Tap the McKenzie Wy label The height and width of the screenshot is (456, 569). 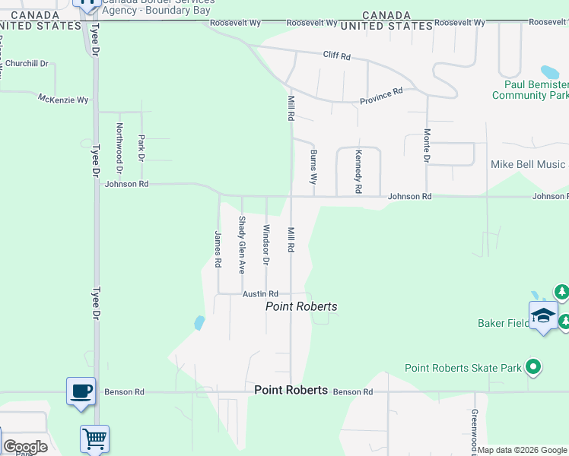click(63, 98)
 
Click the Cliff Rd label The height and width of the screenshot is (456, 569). click(336, 56)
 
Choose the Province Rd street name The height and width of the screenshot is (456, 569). click(381, 97)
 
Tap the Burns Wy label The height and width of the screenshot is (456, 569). click(313, 167)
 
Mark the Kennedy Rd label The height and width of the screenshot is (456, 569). click(358, 170)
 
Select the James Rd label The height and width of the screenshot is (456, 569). click(218, 249)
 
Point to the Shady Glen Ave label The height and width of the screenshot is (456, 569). click(242, 245)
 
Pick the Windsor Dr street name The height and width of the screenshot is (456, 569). click(265, 245)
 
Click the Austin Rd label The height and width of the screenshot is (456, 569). click(261, 294)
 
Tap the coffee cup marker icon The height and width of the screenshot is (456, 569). click(81, 391)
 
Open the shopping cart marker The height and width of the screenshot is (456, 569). click(95, 439)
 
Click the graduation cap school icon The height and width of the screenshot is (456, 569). click(544, 315)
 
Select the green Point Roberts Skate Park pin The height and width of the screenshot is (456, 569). click(533, 368)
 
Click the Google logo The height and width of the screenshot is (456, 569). click(25, 447)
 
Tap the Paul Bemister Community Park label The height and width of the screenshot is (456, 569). click(530, 90)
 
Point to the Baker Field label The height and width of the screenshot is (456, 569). click(504, 323)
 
